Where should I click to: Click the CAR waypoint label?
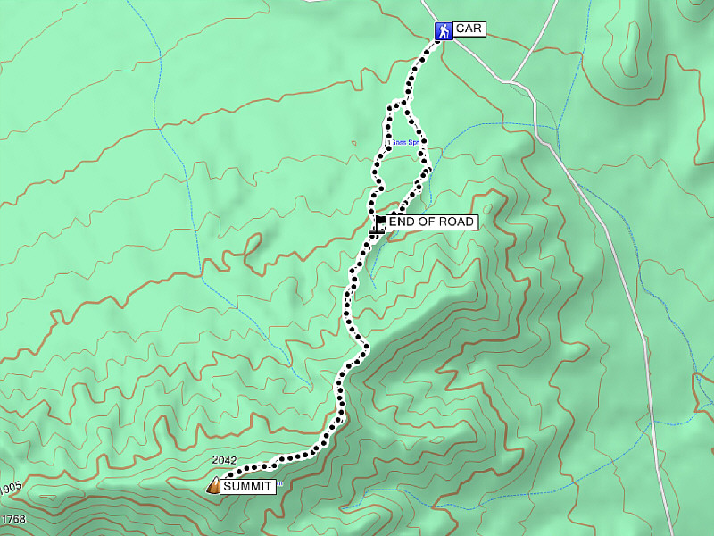469,29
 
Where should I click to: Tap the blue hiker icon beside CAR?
443,31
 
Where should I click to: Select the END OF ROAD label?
431,222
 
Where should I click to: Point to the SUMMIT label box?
247,486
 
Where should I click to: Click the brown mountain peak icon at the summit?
213,486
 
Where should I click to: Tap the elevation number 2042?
224,461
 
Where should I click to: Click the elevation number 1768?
12,519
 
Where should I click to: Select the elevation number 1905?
10,488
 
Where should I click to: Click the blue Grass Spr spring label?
406,142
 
